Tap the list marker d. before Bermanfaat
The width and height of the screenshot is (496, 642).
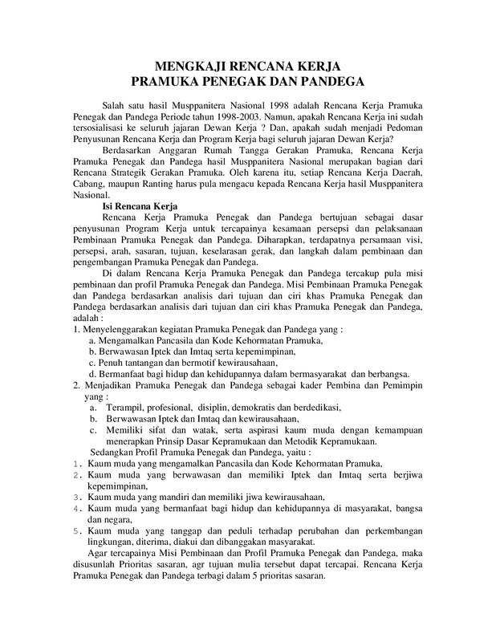[x=92, y=373]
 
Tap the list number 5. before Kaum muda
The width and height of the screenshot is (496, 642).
[x=76, y=530]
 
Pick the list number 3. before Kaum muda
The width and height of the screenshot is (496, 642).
[x=76, y=497]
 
